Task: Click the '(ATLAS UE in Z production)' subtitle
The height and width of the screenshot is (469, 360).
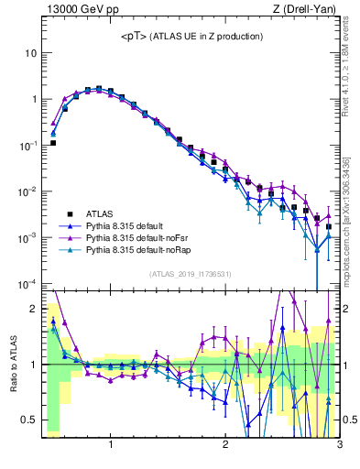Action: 208,37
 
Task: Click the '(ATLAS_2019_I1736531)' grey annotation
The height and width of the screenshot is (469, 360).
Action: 191,274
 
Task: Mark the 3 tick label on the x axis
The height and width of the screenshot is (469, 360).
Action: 339,446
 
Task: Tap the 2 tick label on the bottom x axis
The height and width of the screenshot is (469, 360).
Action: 225,446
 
